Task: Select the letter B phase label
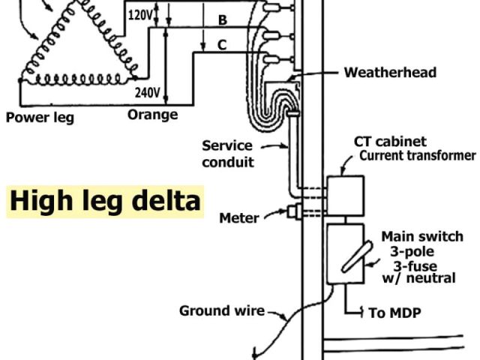pyautogui.click(x=222, y=19)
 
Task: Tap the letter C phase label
pyautogui.click(x=222, y=45)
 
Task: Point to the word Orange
pyautogui.click(x=152, y=115)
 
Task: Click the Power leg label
pyautogui.click(x=40, y=117)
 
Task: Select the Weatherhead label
pyautogui.click(x=390, y=73)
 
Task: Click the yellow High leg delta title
pyautogui.click(x=105, y=201)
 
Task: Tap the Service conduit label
pyautogui.click(x=228, y=153)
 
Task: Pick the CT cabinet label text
pyautogui.click(x=390, y=142)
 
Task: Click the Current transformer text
pyautogui.click(x=417, y=156)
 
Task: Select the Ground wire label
pyautogui.click(x=221, y=310)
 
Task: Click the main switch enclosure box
pyautogui.click(x=345, y=254)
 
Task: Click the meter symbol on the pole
pyautogui.click(x=293, y=213)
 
